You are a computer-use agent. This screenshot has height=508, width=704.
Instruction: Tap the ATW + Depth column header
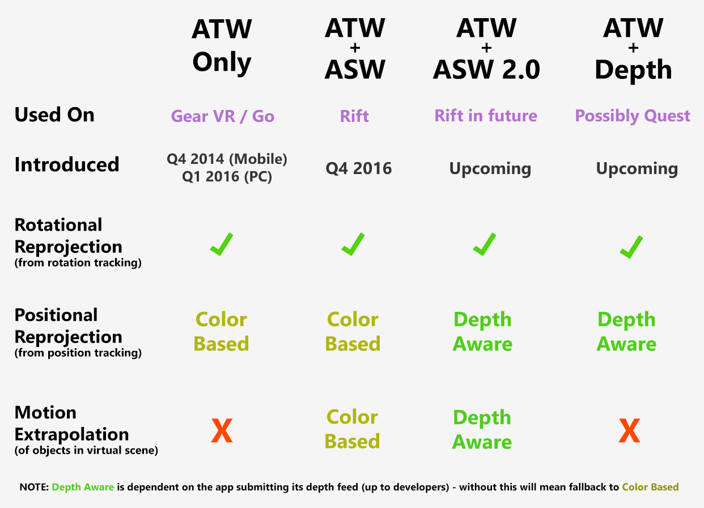tap(633, 50)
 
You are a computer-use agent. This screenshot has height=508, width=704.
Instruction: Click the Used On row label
tap(54, 115)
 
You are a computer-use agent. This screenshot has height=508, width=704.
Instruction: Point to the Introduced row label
tap(67, 164)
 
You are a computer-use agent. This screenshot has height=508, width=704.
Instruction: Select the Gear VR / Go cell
tap(223, 116)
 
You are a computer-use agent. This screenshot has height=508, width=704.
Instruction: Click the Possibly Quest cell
tap(633, 116)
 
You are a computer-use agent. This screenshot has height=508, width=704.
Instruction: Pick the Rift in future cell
tap(486, 116)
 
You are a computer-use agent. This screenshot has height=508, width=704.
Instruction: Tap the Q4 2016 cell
tap(359, 168)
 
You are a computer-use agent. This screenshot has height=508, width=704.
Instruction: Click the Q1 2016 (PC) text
tap(227, 177)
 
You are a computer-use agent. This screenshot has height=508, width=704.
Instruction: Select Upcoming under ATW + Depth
tap(637, 169)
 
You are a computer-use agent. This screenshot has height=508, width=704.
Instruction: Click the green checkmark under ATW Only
tap(222, 244)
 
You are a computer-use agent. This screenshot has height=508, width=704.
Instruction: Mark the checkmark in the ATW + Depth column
tap(631, 247)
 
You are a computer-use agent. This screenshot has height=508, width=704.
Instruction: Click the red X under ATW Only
tap(222, 430)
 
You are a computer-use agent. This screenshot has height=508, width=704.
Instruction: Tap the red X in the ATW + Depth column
tap(629, 430)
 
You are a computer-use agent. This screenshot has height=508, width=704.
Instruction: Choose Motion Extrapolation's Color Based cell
tap(353, 429)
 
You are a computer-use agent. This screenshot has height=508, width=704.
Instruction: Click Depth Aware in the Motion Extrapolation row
tap(482, 430)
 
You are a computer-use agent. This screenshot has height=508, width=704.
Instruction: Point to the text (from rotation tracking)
tap(78, 263)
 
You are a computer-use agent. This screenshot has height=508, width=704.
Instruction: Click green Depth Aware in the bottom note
tap(83, 487)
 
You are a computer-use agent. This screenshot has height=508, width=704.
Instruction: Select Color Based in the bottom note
tap(650, 487)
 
